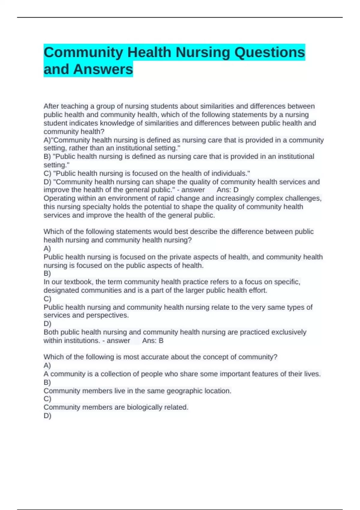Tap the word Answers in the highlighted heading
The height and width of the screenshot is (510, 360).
[x=103, y=69]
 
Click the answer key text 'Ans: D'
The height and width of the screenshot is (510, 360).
[x=227, y=190]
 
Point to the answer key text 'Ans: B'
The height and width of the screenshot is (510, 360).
[x=153, y=341]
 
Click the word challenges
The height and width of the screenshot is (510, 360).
[x=303, y=199]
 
